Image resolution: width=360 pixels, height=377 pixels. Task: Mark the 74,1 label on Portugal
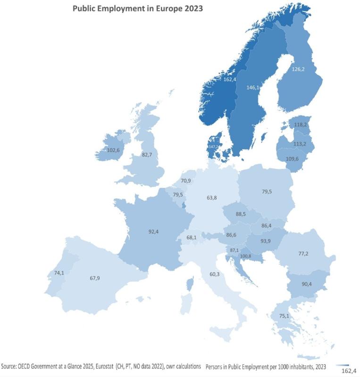click(x=59, y=273)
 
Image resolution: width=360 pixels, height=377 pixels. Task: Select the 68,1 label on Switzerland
click(x=192, y=238)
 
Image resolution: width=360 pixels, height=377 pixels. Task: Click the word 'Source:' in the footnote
click(x=11, y=366)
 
